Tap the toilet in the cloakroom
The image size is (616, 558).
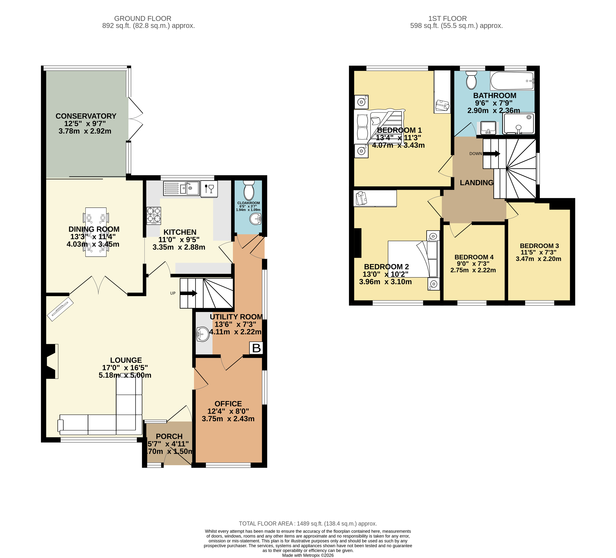click(x=249, y=190)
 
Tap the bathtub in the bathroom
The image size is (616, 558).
click(x=512, y=81)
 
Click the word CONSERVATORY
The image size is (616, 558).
click(x=86, y=116)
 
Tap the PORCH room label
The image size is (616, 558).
click(x=169, y=436)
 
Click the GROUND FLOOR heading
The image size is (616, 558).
click(x=143, y=19)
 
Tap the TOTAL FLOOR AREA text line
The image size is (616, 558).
click(x=308, y=523)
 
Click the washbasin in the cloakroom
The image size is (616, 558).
click(x=255, y=219)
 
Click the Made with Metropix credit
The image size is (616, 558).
click(x=308, y=555)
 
